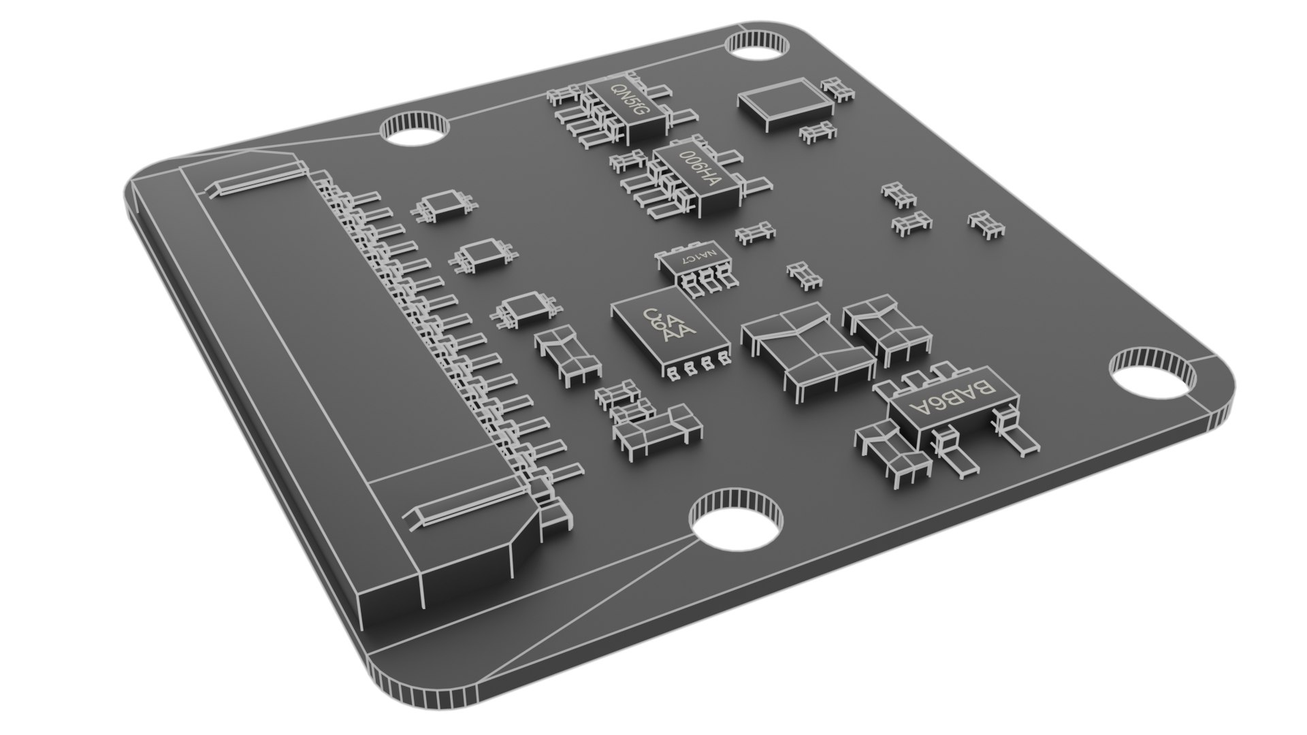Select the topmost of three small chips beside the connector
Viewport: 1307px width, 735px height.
[444, 205]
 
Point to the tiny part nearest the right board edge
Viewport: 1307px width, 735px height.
[986, 224]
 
